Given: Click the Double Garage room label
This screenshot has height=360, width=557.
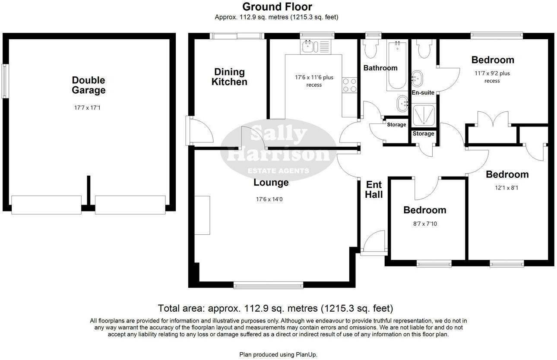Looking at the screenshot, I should coord(89,85).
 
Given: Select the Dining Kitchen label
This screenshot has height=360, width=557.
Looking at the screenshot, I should coord(229,77).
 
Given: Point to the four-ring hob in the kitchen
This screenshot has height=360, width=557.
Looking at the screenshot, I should coord(350,85).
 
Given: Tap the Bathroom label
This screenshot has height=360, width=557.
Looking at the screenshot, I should coord(380,68).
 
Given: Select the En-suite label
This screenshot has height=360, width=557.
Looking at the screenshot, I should coord(423,92).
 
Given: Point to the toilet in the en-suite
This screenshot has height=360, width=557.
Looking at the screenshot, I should coord(424,49).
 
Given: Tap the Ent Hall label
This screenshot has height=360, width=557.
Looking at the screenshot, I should coord(373,190).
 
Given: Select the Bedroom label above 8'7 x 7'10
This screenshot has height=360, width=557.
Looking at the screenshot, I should coord(424,210).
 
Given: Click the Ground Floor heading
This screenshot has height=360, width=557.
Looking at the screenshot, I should coord(277,7).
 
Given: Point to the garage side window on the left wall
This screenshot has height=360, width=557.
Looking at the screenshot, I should coord(5,81).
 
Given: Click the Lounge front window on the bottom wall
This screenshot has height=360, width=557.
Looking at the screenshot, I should coord(268,285).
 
